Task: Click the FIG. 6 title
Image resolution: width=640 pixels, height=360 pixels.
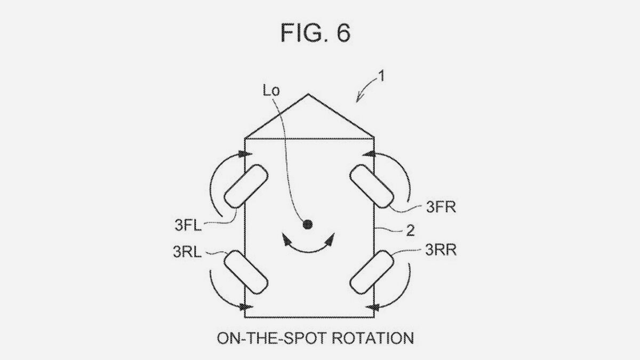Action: pos(315,33)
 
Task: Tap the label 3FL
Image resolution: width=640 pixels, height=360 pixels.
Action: pos(188,226)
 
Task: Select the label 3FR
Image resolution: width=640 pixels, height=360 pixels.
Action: pos(441,207)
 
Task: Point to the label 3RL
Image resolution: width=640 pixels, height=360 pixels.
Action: pos(187,252)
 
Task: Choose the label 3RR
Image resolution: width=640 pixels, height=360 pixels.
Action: pos(441,250)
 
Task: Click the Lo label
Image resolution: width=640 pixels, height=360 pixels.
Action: pos(271,91)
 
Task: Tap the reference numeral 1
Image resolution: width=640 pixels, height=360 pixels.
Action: pos(381,77)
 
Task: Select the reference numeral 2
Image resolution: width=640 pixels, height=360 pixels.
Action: pos(410,230)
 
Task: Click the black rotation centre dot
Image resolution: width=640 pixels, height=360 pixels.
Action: pos(307,225)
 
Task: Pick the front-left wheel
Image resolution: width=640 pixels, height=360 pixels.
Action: pos(246,186)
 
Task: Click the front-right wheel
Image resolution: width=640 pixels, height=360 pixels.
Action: pos(372,186)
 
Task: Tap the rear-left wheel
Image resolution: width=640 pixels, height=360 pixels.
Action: pos(246,272)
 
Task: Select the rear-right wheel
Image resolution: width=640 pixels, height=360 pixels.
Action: pos(372,272)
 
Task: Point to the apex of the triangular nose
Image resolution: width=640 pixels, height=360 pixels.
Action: pos(308,94)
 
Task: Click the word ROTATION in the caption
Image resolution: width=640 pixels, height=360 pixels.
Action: pos(373,338)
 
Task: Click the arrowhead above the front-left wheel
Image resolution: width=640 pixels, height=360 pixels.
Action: pos(245,154)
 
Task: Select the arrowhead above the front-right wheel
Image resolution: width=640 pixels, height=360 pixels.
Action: pos(369,154)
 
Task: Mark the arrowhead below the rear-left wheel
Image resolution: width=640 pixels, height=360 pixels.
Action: pos(246,307)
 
